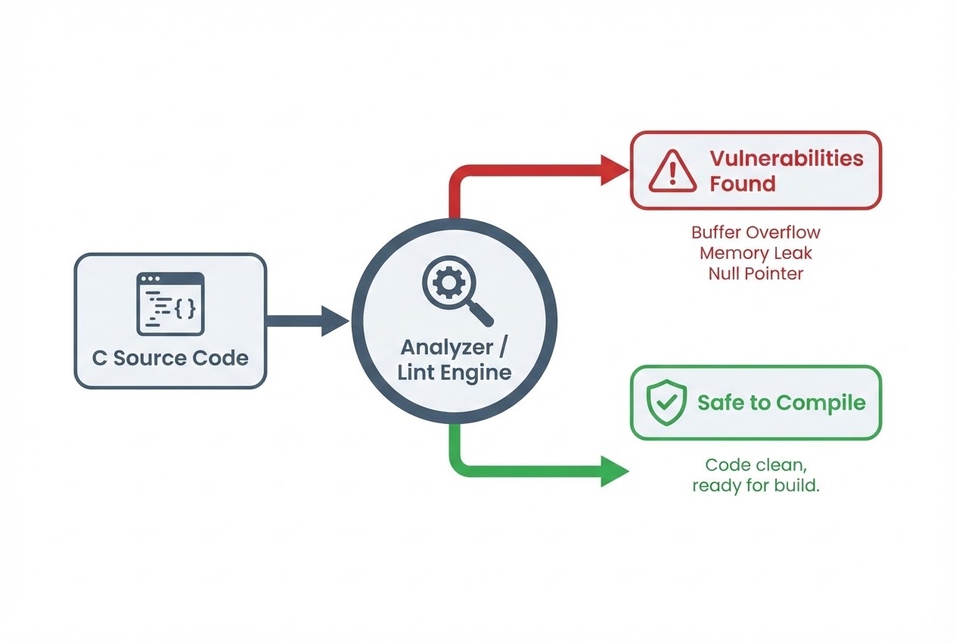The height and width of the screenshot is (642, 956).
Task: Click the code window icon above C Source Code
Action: pos(170,304)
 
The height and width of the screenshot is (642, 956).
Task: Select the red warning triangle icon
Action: pos(672,170)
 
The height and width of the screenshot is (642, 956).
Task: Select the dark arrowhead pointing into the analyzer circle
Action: pos(334,321)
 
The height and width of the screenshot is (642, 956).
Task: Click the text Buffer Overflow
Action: pos(756,232)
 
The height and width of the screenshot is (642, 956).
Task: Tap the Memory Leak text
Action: pos(756,253)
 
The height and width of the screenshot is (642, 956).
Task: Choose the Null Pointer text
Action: pos(756,273)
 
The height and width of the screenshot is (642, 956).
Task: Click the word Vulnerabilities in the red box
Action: pos(786,158)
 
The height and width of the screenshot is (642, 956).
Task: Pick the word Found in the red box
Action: pos(742,183)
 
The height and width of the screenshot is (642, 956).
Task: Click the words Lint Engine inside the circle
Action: pos(456,372)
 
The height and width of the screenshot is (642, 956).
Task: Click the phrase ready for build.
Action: pos(756,486)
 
